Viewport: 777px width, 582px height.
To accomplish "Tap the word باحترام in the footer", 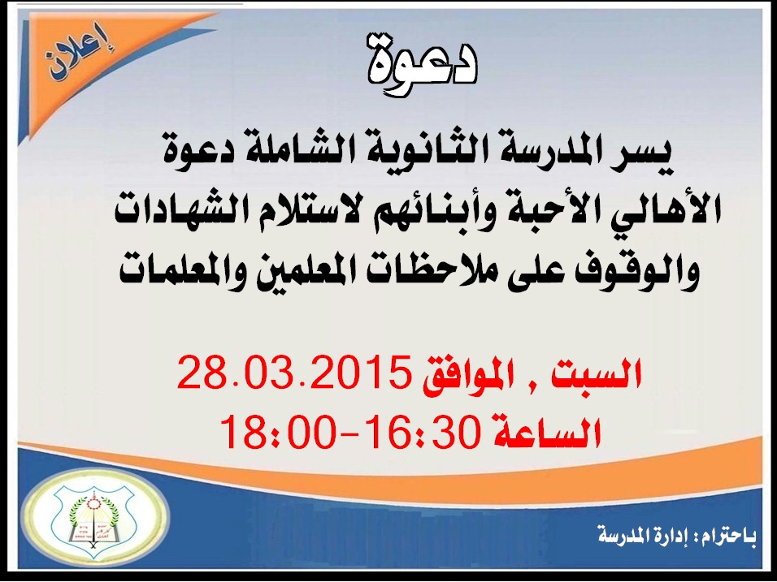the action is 729,537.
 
